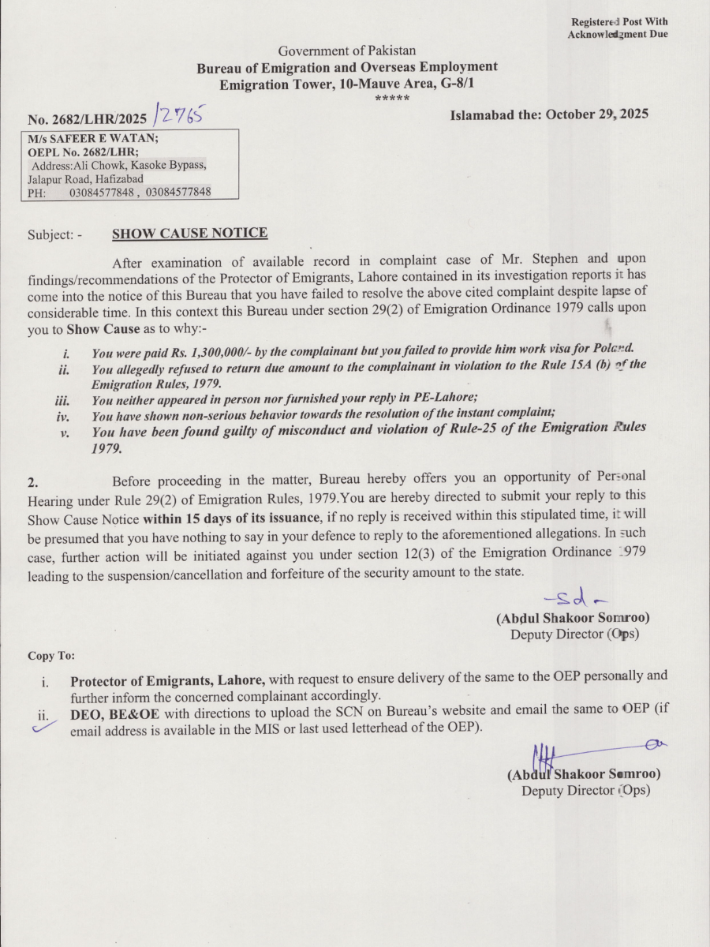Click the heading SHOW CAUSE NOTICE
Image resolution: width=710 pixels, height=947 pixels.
coord(189,234)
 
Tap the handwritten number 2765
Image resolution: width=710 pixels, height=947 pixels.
coord(179,116)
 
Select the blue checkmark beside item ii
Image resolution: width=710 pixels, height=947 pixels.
coord(40,728)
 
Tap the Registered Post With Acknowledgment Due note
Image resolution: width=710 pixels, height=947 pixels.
coord(617,28)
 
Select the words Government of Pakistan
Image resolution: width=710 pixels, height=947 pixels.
coord(346,51)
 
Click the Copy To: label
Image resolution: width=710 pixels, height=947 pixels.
coord(51,656)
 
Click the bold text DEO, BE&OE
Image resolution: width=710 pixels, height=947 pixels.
coord(115,709)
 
